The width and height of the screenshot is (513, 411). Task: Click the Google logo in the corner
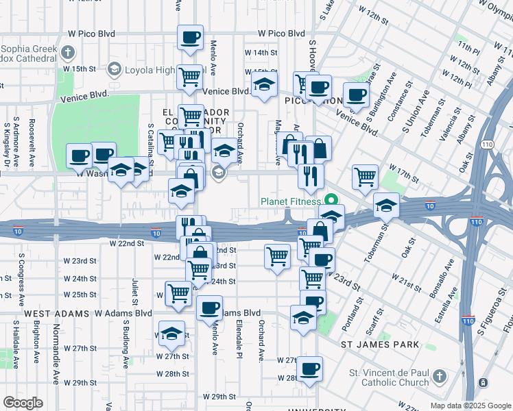(x=23, y=402)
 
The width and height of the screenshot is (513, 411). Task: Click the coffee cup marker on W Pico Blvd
(x=190, y=38)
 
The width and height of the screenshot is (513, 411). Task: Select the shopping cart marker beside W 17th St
(x=365, y=176)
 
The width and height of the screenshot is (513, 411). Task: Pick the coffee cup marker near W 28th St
(x=309, y=369)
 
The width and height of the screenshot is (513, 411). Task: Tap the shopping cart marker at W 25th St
(x=178, y=293)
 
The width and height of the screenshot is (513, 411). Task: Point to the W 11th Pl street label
(x=469, y=47)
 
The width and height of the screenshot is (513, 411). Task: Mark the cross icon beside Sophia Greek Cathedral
(x=68, y=51)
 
